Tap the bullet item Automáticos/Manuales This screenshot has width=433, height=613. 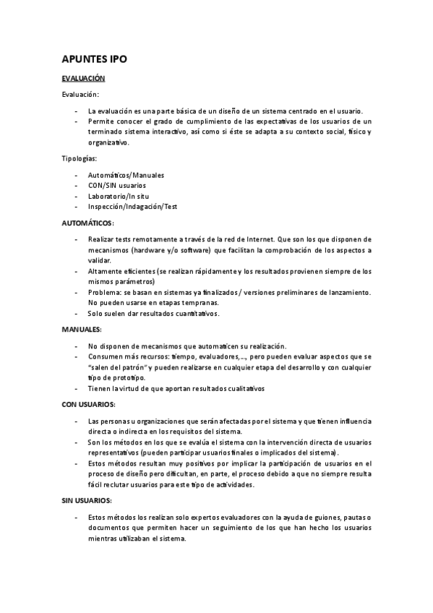[x=126, y=175]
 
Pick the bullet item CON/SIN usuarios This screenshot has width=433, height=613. [x=116, y=186]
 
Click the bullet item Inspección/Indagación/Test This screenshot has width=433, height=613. [x=132, y=207]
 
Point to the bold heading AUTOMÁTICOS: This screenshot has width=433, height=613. [x=87, y=223]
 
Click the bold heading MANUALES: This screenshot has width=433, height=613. [x=81, y=330]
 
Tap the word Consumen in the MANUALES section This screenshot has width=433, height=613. [x=106, y=356]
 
